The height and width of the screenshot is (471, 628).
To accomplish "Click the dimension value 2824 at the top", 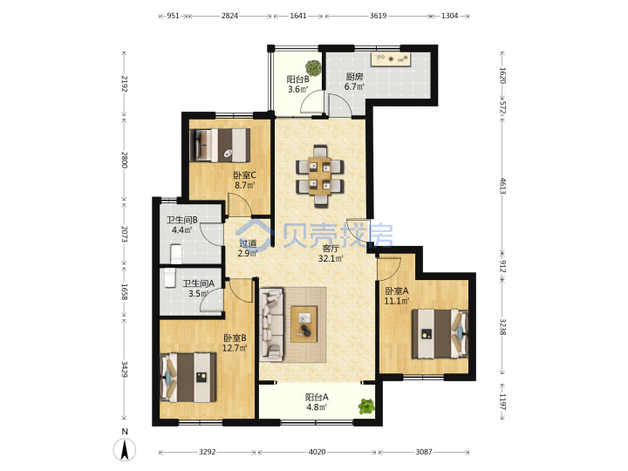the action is pyautogui.click(x=229, y=16).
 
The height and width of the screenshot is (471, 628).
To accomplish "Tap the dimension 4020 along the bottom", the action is pyautogui.click(x=317, y=452).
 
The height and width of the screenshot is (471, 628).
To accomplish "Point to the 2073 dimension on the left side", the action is pyautogui.click(x=125, y=234).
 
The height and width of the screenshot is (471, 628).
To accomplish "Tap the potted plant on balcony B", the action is pyautogui.click(x=313, y=68).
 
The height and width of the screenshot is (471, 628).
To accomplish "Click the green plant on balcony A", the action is pyautogui.click(x=366, y=406).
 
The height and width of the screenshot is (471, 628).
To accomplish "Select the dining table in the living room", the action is pyautogui.click(x=319, y=176).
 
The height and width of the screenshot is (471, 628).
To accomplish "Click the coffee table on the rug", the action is pyautogui.click(x=304, y=324).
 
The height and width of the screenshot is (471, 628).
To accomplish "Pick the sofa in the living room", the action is pyautogui.click(x=272, y=324).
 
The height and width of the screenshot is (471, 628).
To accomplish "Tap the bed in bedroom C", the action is pyautogui.click(x=220, y=145).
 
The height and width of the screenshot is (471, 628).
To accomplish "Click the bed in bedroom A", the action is pyautogui.click(x=440, y=333).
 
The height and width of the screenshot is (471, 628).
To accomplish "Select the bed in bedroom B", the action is pyautogui.click(x=188, y=377).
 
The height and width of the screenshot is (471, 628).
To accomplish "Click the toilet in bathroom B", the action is pyautogui.click(x=176, y=254).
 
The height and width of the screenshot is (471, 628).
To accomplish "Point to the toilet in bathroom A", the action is pyautogui.click(x=170, y=277).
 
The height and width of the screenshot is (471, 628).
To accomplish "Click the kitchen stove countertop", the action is pyautogui.click(x=391, y=59).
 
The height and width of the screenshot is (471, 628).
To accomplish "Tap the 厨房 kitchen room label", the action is pyautogui.click(x=354, y=77).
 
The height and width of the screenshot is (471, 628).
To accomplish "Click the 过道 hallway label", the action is pyautogui.click(x=248, y=243).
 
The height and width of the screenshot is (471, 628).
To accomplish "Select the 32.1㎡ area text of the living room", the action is pyautogui.click(x=331, y=259).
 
